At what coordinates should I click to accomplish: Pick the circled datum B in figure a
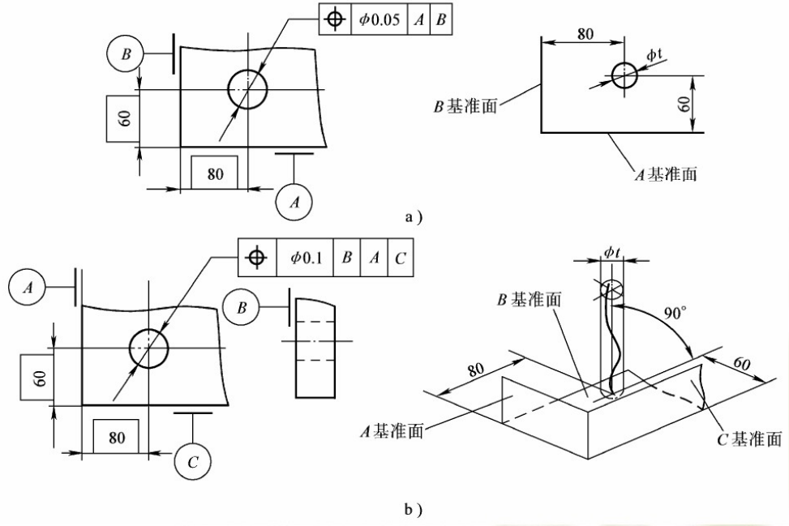point(126,54)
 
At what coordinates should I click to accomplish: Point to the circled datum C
point(193,463)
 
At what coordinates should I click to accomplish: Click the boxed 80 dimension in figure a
point(215,173)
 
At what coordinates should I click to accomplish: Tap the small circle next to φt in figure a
point(624,76)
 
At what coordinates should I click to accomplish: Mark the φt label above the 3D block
point(612,254)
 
